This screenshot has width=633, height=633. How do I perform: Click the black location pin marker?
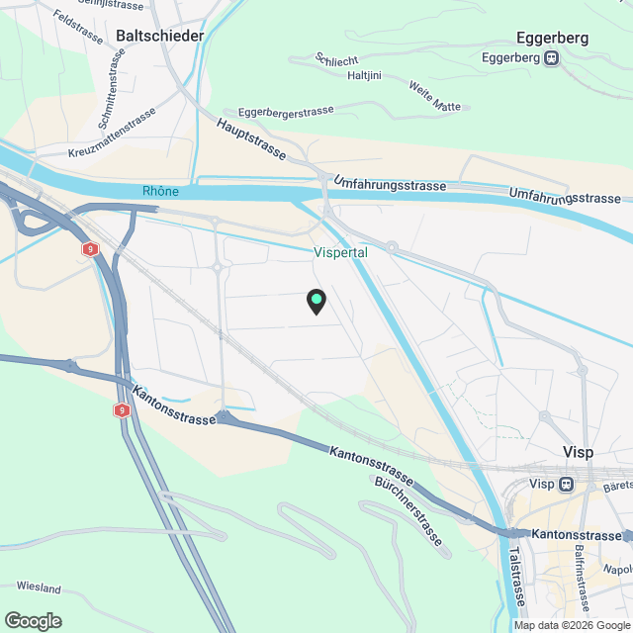click(316, 301)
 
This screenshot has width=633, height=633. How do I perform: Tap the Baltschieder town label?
click(160, 36)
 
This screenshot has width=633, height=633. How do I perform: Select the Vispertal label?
click(341, 253)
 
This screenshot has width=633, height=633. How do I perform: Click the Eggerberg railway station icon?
click(554, 57)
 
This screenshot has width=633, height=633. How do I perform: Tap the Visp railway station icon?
click(566, 485)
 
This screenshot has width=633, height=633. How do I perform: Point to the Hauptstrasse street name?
click(252, 139)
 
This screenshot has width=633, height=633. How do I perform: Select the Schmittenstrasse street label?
click(110, 95)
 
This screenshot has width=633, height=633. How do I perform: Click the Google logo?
click(32, 620)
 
